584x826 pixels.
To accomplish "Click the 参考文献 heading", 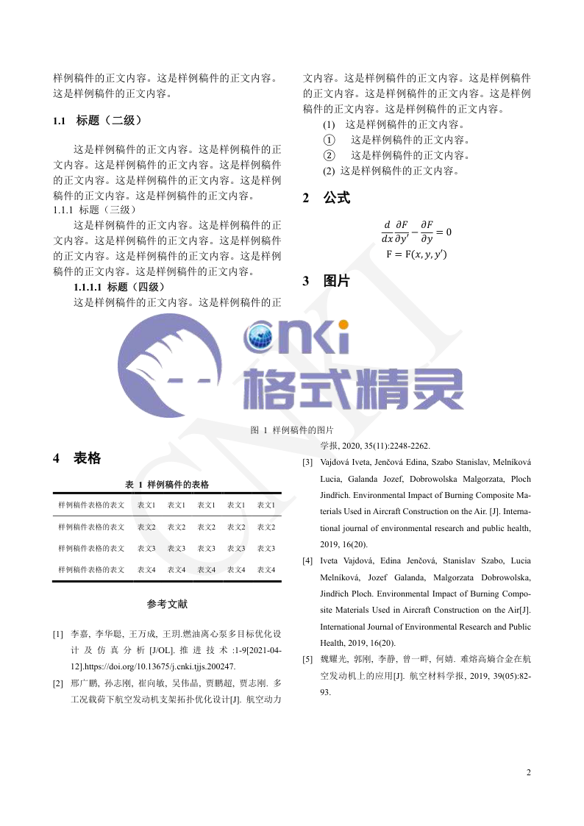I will point(167,604).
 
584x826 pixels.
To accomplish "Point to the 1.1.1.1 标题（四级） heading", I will point(119,287).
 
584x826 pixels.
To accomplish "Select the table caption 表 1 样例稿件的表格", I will point(167,485).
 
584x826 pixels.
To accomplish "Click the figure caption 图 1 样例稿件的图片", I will point(292,430).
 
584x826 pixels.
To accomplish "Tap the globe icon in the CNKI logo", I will point(262,339).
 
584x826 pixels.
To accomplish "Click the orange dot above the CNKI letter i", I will point(342,324).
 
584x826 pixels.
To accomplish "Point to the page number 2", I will point(528,772).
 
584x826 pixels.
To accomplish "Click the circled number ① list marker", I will point(329,140).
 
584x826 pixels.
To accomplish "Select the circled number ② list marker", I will point(329,155).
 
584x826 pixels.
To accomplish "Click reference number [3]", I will point(307,463).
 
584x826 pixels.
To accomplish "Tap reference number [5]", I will point(307,659).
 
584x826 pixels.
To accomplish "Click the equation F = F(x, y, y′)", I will point(416,254).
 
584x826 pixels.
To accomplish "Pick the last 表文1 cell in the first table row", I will point(266,505).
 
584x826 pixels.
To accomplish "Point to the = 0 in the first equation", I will point(444,232).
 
